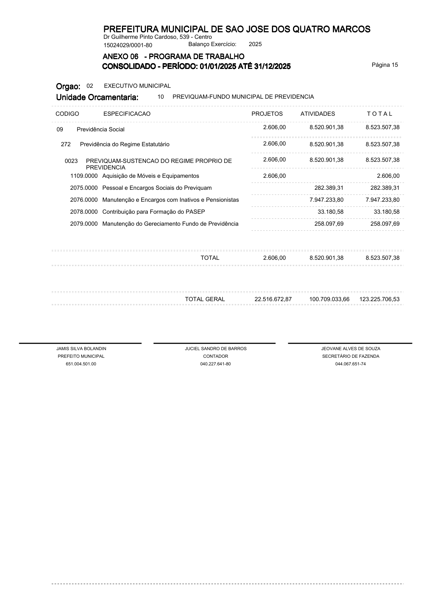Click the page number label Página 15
[385, 65]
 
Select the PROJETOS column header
[267, 114]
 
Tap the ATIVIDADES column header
[318, 114]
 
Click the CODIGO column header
[67, 114]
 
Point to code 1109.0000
[84, 176]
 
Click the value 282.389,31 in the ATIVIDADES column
[329, 188]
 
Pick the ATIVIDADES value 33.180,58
[330, 212]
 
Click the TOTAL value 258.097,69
[385, 224]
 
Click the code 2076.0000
[84, 200]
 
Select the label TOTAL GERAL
[205, 299]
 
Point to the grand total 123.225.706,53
[379, 299]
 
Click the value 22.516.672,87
[273, 299]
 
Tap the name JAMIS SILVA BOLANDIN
[81, 349]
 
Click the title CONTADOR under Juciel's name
[216, 356]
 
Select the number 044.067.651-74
[350, 364]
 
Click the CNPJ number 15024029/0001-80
[128, 45]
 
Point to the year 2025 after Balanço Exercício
[255, 44]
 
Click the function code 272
[66, 144]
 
